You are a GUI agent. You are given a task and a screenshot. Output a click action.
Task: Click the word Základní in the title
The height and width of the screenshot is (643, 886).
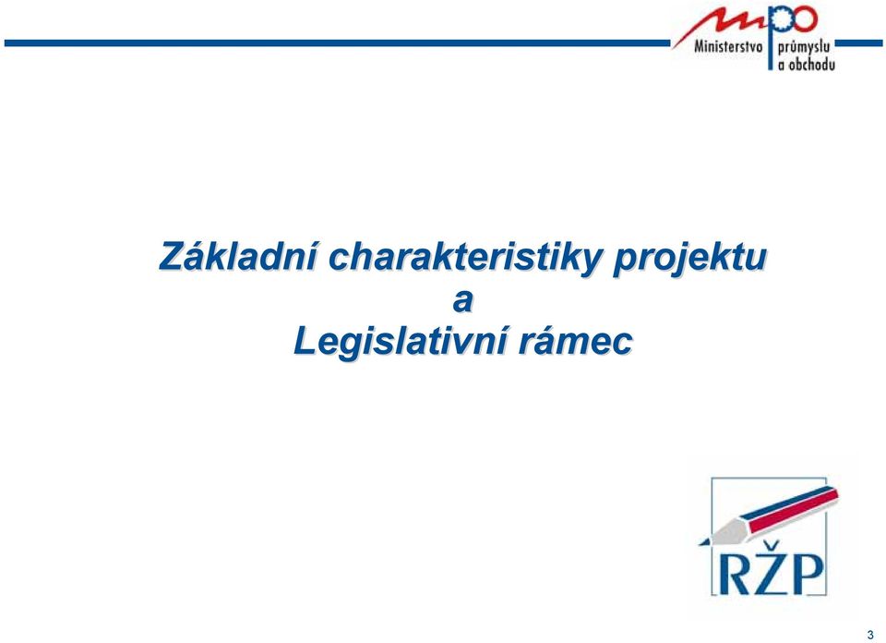(238, 255)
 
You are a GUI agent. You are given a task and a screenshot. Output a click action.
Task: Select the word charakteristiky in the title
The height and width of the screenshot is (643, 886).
(464, 259)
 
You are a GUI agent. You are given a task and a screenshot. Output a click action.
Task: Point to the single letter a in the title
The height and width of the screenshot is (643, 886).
(462, 301)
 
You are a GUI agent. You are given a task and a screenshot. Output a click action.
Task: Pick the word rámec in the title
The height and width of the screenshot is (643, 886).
(576, 342)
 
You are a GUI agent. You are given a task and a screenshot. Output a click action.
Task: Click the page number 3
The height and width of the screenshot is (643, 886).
(870, 635)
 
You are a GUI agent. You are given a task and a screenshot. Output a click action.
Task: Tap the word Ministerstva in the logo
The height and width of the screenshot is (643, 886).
(728, 46)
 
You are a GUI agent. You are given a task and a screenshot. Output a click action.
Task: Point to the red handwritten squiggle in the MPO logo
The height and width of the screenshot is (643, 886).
(719, 25)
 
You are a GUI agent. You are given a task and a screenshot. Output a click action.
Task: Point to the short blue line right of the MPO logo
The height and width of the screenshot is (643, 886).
(858, 43)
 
